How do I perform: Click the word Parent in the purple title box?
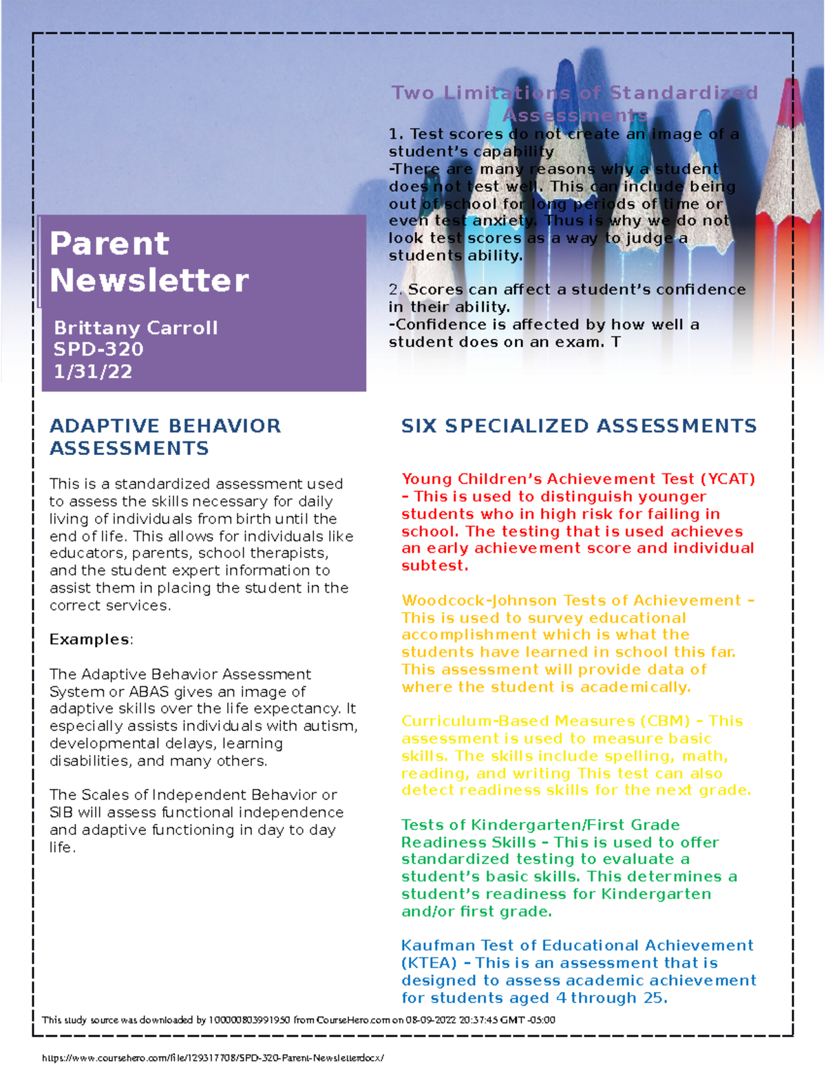tap(109, 244)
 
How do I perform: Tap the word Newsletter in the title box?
tap(149, 280)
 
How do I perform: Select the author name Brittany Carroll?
tap(136, 328)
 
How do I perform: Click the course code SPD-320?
tap(98, 349)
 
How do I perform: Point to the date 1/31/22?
tap(92, 372)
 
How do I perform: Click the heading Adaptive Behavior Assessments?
tap(165, 436)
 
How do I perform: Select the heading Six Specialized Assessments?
tap(578, 426)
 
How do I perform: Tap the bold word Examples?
tap(89, 639)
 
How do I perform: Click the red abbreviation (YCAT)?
tap(728, 479)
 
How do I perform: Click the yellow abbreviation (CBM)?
tap(664, 721)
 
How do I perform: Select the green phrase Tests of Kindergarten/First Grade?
tap(540, 825)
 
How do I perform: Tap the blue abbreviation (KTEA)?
tap(429, 963)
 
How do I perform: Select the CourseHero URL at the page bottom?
tap(213, 1058)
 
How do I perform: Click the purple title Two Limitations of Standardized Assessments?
tap(575, 103)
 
